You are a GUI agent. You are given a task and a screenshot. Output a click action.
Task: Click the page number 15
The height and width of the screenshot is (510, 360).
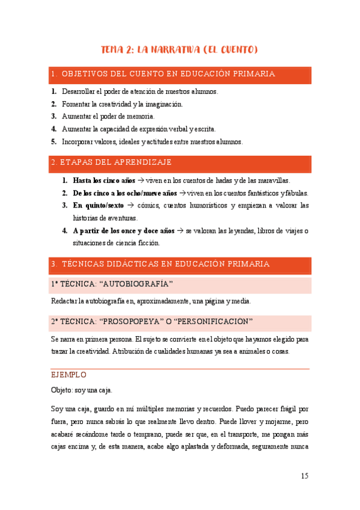(304, 476)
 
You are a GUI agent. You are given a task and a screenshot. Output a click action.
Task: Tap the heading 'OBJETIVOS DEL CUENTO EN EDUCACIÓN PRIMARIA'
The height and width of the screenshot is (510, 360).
(168, 74)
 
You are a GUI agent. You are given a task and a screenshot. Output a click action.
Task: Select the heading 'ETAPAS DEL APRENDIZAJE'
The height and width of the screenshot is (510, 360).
(117, 162)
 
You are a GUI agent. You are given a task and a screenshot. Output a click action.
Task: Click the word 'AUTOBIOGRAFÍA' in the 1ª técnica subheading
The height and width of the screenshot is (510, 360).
(137, 284)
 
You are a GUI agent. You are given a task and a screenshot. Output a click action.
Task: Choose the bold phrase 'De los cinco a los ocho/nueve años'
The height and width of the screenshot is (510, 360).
(124, 193)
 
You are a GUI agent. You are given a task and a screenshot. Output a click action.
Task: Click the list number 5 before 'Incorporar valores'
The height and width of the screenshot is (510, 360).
(53, 141)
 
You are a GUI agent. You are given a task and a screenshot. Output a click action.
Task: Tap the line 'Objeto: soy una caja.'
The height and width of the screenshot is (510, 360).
(82, 390)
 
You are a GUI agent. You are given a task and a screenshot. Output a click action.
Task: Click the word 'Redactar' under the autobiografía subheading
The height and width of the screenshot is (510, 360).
(65, 301)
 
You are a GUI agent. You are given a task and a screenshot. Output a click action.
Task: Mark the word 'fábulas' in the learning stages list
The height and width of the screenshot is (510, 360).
(296, 193)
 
